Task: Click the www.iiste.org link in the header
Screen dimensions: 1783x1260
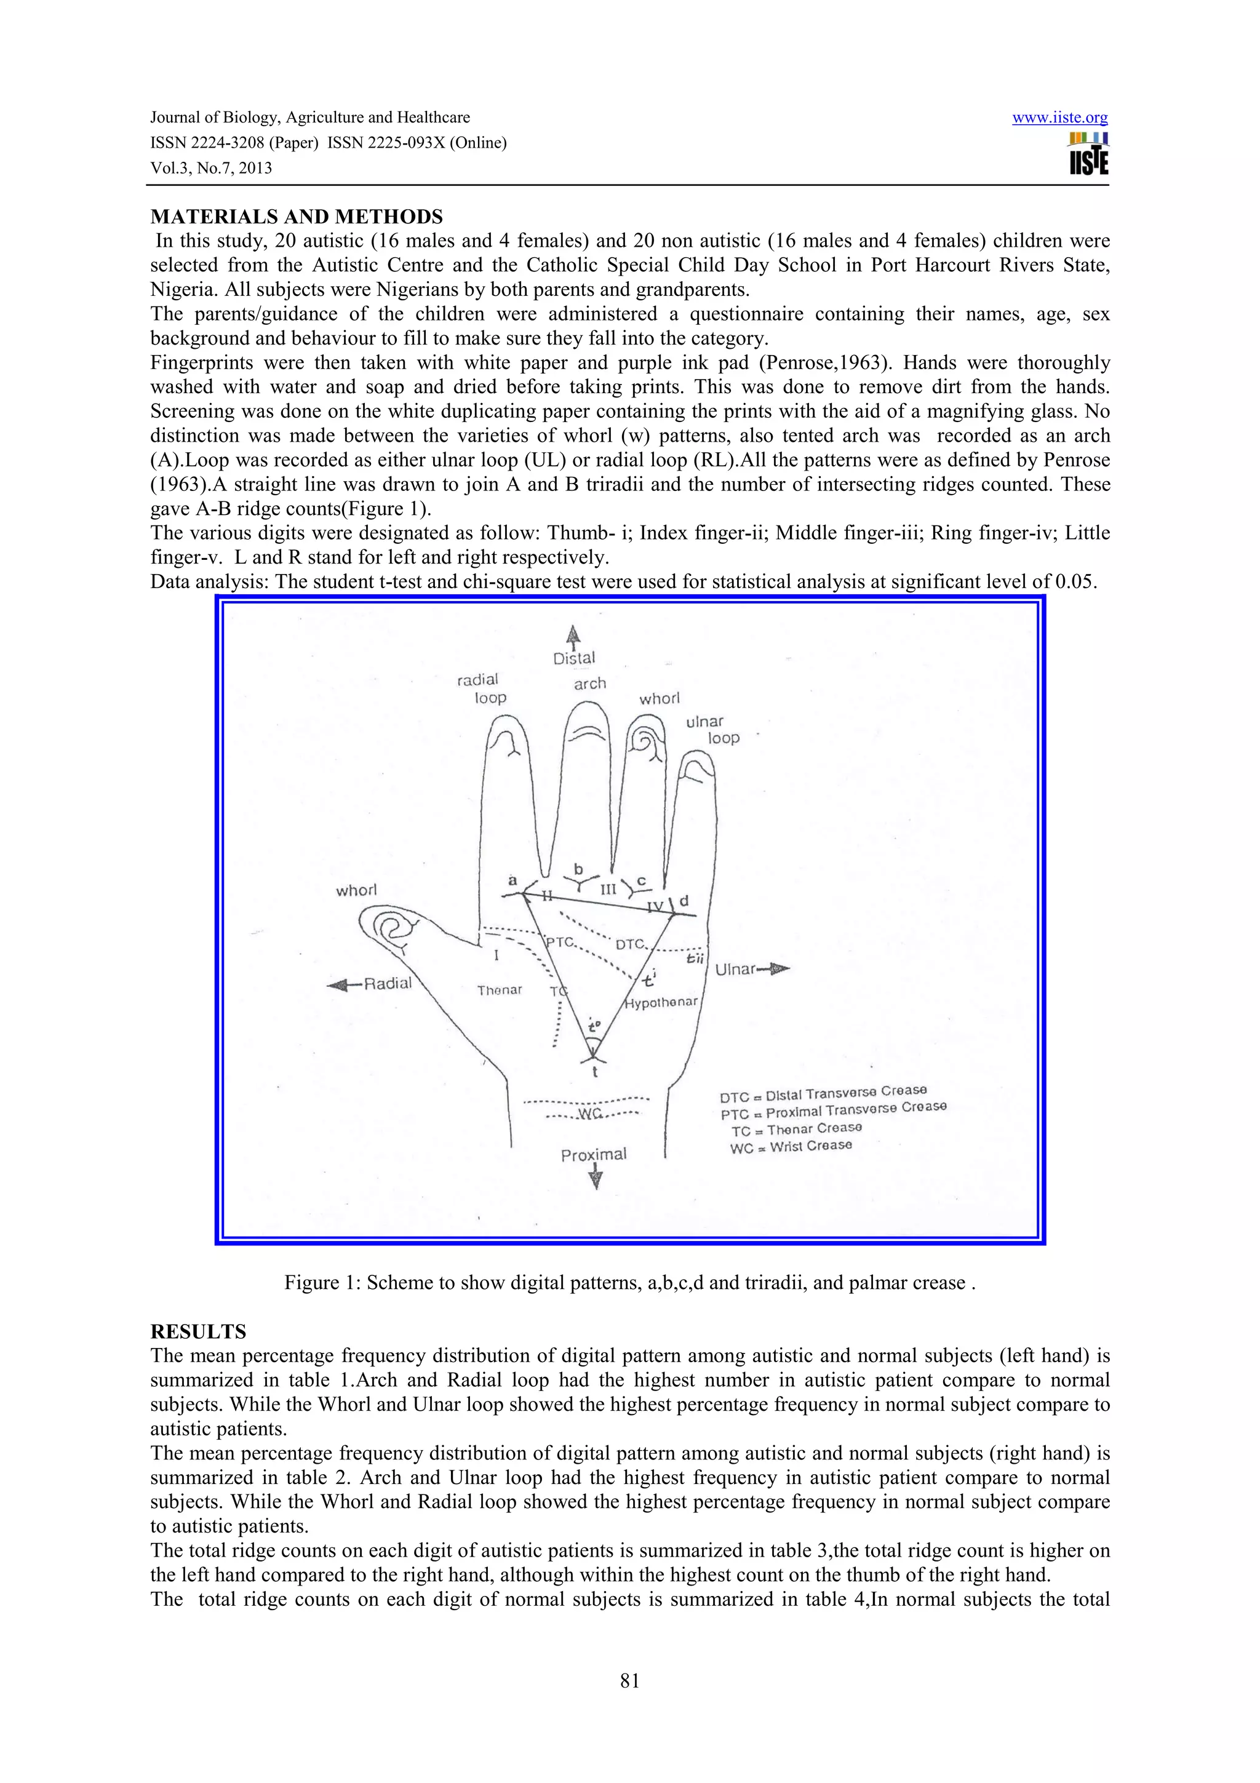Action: [x=1059, y=118]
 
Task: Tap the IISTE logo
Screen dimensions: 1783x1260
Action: [x=1088, y=154]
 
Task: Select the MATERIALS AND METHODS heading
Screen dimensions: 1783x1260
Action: [x=297, y=217]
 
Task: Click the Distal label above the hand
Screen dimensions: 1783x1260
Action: [x=574, y=658]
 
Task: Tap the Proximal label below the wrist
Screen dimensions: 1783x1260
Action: [x=593, y=1155]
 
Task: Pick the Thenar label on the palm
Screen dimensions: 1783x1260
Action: [x=499, y=989]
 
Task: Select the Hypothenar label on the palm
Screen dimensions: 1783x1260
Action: [x=661, y=1002]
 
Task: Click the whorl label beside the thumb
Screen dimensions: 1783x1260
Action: [x=356, y=890]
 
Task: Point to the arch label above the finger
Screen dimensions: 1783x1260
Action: [x=589, y=684]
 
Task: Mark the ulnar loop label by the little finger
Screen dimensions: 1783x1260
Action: [x=712, y=729]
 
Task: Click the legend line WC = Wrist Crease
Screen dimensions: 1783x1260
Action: [x=791, y=1146]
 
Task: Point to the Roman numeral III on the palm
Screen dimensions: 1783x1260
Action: [x=608, y=889]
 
